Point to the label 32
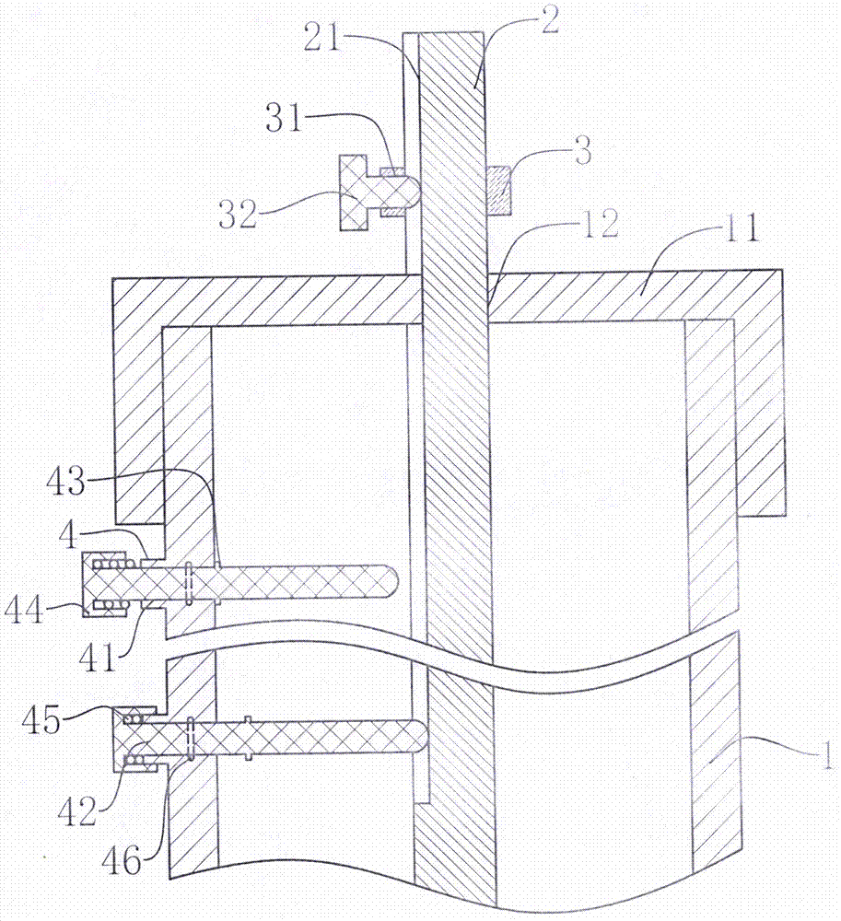coord(238,213)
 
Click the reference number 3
coord(582,151)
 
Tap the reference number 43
coord(66,482)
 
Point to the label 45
coord(41,719)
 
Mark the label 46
coord(122,860)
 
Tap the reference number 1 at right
coord(825,754)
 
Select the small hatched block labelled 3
coord(499,191)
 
